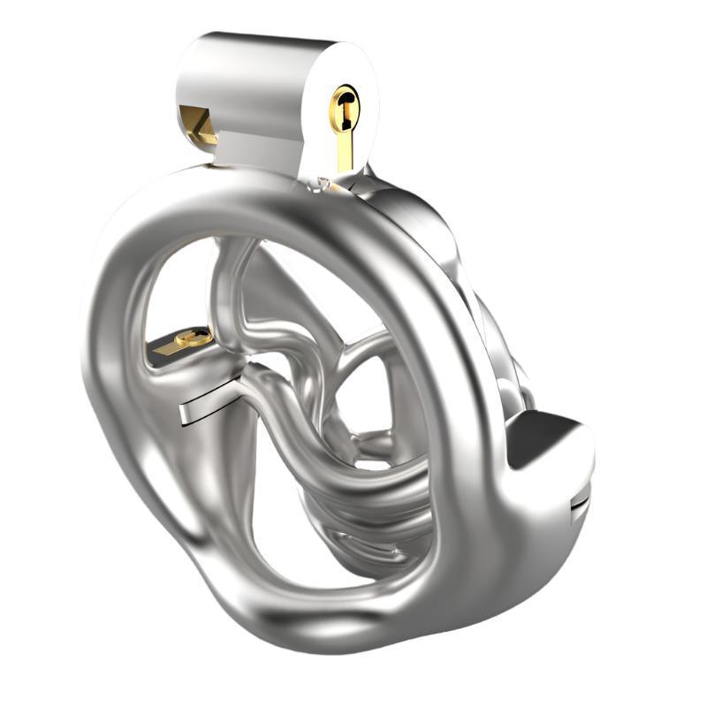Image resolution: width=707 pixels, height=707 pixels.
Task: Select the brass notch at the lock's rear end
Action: click(x=196, y=125)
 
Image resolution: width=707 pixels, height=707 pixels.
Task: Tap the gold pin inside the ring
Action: click(x=193, y=337)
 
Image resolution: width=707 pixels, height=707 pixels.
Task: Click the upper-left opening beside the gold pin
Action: click(x=177, y=283)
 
